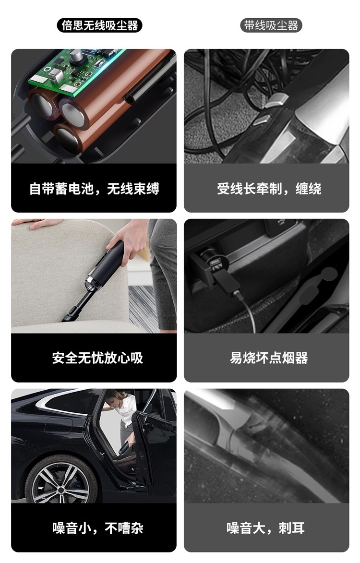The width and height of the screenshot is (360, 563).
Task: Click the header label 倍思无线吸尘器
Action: tap(100, 25)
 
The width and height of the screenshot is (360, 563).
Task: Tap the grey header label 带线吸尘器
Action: tap(271, 25)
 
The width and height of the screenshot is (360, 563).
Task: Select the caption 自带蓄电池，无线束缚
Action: tap(94, 189)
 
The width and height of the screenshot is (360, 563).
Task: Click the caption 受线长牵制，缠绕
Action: tap(269, 189)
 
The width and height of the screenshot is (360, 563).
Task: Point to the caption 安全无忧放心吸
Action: tap(97, 358)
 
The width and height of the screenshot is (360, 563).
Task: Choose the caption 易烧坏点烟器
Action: tap(269, 358)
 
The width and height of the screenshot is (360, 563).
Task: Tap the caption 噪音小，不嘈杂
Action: tap(97, 528)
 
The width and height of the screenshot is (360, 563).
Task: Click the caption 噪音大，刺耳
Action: tap(265, 528)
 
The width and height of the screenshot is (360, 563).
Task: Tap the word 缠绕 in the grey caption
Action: tap(308, 189)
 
